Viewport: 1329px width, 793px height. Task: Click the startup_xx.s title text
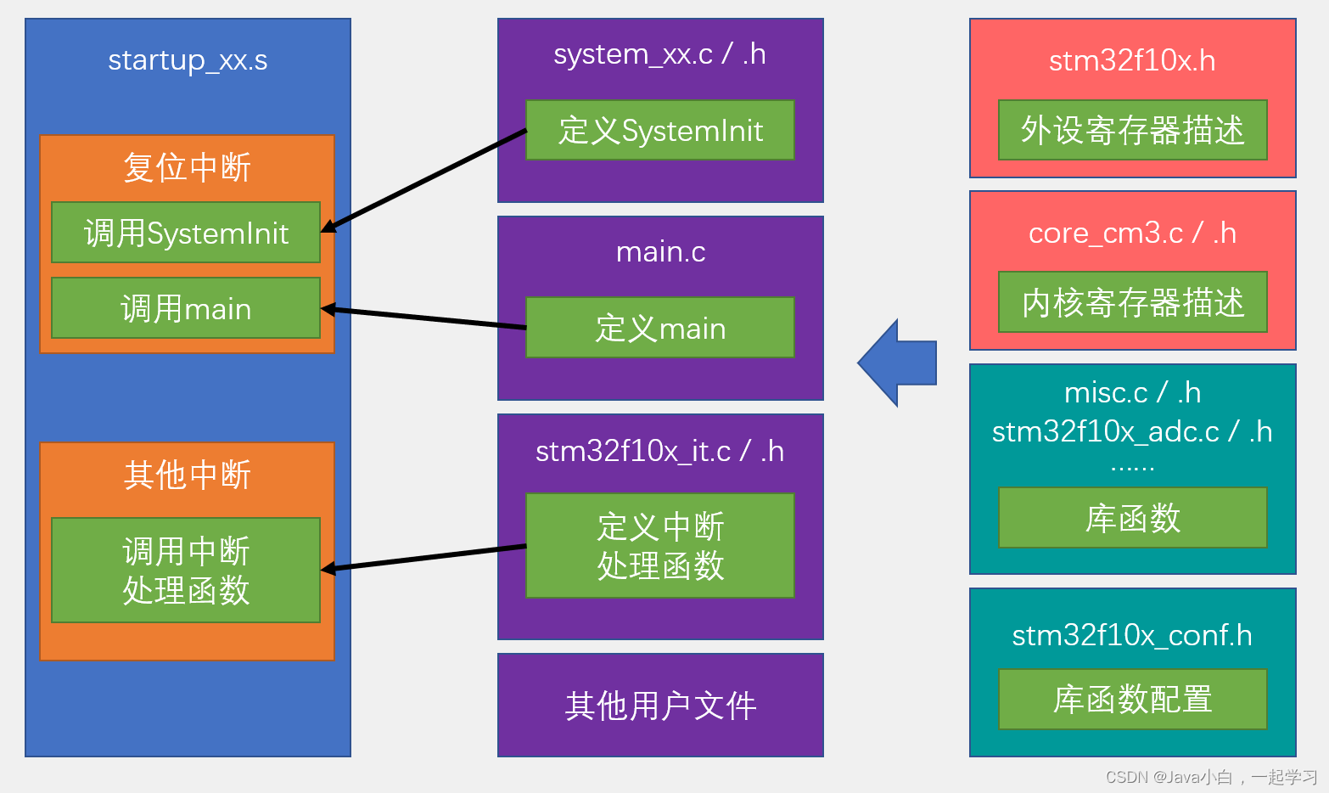tap(188, 60)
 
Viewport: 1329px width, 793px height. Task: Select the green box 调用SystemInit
tap(186, 233)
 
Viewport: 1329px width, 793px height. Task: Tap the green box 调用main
tap(186, 308)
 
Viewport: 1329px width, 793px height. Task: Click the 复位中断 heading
tap(187, 167)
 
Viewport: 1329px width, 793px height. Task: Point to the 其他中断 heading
tap(187, 475)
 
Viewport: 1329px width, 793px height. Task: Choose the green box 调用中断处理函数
tap(186, 571)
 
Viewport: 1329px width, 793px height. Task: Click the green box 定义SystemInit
tap(660, 131)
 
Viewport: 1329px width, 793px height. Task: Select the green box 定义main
tap(660, 328)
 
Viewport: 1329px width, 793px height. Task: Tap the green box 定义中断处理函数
tap(660, 546)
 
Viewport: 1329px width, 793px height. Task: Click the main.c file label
tap(660, 251)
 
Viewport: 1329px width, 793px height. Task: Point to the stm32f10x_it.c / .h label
tap(660, 451)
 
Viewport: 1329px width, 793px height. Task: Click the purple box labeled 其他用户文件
tap(660, 705)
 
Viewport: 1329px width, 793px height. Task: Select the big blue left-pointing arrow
tap(898, 363)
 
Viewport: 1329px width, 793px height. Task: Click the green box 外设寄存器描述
tap(1132, 130)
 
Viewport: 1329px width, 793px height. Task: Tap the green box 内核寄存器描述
tap(1132, 302)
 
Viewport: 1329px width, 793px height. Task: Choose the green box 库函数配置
tap(1132, 699)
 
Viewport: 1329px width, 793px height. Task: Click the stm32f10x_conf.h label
tap(1132, 635)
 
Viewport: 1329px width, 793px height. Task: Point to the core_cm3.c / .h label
tap(1132, 233)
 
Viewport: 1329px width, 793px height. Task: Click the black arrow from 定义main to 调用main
tap(424, 318)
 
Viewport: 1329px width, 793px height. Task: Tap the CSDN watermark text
tap(1211, 777)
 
